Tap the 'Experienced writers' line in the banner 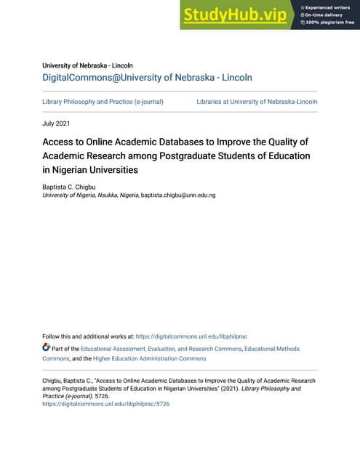point(327,7)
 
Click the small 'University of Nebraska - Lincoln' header point(87,65)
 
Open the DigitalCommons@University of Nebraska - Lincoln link point(147,77)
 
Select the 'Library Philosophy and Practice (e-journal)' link point(103,102)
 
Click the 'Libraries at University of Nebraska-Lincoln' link point(257,102)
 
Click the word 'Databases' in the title point(177,142)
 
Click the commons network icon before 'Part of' point(47,349)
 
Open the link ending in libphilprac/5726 point(105,404)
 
